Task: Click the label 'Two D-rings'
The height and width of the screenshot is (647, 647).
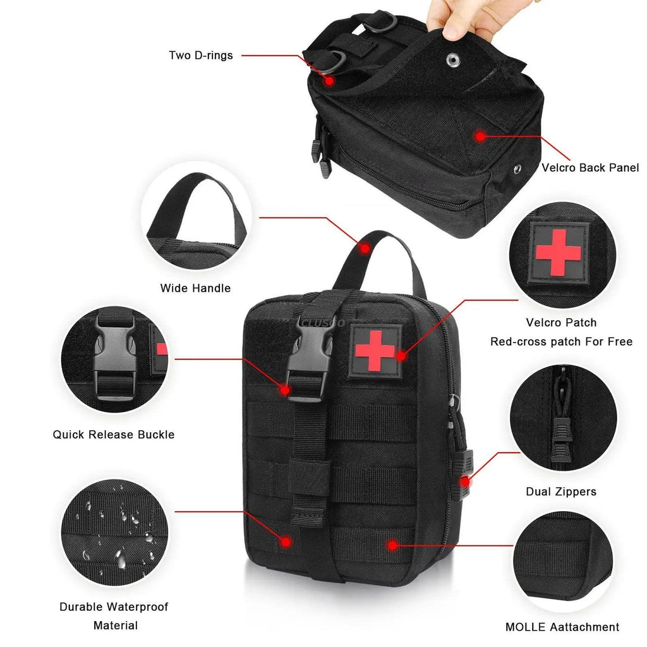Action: (x=201, y=56)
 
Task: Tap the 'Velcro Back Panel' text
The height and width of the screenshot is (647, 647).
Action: (x=590, y=168)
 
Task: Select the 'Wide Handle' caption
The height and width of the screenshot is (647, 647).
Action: (x=195, y=288)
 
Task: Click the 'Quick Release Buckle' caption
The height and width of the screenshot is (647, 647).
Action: (x=114, y=435)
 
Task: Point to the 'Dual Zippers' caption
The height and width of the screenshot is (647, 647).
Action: (x=561, y=492)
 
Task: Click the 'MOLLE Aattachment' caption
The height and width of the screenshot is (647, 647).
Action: (x=562, y=627)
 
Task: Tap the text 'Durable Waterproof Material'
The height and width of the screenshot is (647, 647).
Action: (x=114, y=616)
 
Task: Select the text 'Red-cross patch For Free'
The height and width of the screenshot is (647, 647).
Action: (x=562, y=342)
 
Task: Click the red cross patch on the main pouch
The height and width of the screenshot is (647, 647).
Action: (x=375, y=351)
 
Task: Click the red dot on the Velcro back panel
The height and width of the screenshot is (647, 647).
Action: (x=480, y=135)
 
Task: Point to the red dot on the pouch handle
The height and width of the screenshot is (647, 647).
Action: (x=365, y=248)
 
